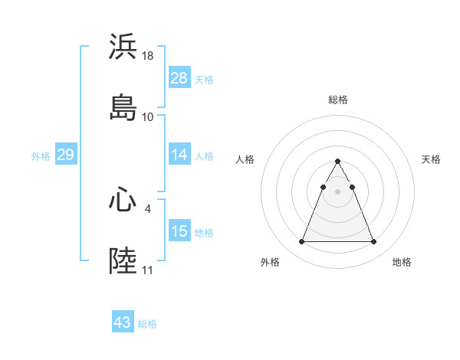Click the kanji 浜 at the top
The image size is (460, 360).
click(x=123, y=47)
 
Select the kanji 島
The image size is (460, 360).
click(x=123, y=107)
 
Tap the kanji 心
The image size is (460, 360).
click(x=123, y=200)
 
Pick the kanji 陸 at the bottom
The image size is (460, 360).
click(x=123, y=260)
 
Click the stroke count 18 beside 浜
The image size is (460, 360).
click(x=149, y=56)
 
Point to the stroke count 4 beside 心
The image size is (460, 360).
click(x=147, y=208)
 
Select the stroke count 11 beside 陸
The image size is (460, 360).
click(x=147, y=270)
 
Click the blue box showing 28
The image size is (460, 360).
click(x=179, y=78)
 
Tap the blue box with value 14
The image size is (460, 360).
click(x=179, y=155)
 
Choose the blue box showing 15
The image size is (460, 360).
click(x=179, y=231)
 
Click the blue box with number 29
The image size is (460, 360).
click(x=65, y=155)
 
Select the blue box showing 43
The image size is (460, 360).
click(x=123, y=322)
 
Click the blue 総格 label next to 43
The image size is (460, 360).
click(x=147, y=324)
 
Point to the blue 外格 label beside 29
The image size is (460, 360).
click(x=41, y=156)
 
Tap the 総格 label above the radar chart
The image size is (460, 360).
click(x=337, y=100)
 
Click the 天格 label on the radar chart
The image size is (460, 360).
click(x=431, y=159)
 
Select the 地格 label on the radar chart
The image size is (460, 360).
click(x=402, y=262)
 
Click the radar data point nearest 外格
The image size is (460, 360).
click(x=301, y=242)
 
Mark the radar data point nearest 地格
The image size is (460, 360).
click(x=373, y=242)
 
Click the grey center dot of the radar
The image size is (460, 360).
click(x=337, y=191)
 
